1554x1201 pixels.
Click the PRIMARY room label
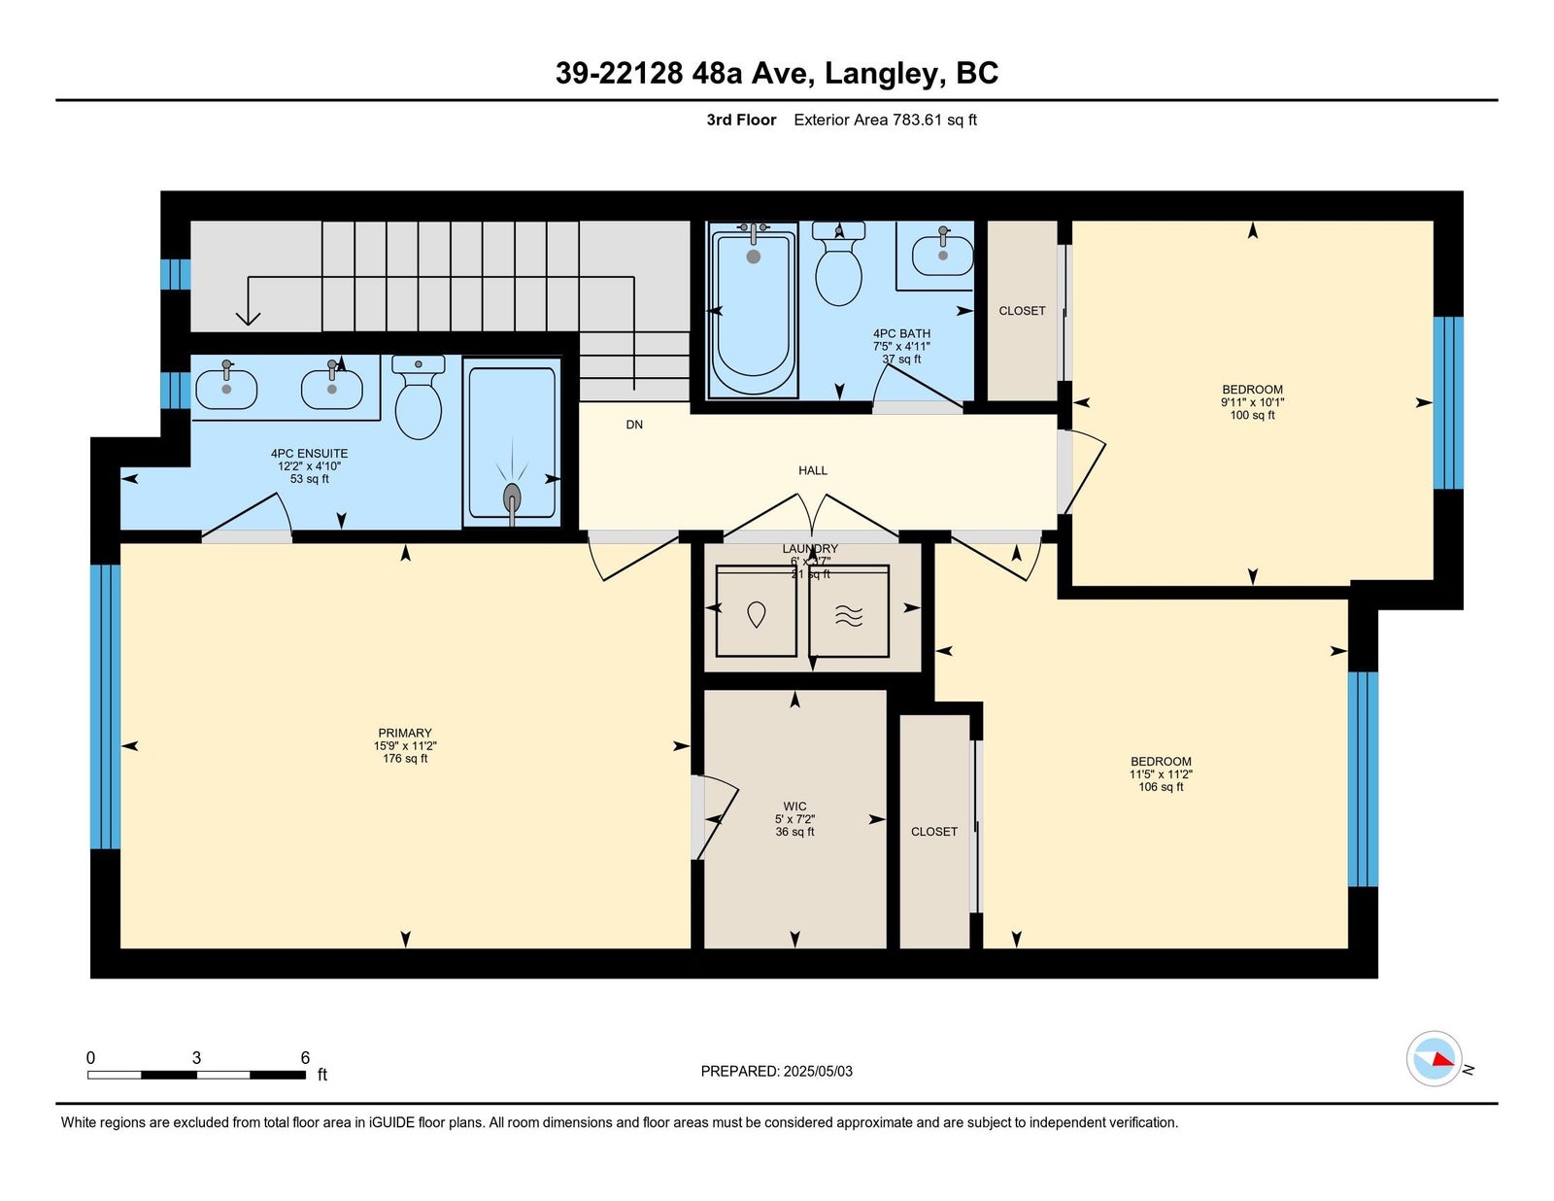click(x=405, y=733)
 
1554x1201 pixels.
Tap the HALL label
click(x=812, y=470)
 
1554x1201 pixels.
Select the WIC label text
click(x=794, y=806)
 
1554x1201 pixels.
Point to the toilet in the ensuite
click(x=419, y=397)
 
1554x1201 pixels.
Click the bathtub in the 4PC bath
click(x=753, y=310)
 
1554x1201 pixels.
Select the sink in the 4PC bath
click(x=942, y=252)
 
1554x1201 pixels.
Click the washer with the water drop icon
click(x=756, y=611)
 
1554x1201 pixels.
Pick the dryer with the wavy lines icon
click(x=849, y=611)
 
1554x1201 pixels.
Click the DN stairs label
click(x=634, y=425)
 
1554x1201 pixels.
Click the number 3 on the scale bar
click(x=196, y=1057)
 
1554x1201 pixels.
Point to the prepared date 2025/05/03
click(x=818, y=1071)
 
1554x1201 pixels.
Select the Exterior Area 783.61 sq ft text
click(x=885, y=120)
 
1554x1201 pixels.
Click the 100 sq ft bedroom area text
click(x=1252, y=415)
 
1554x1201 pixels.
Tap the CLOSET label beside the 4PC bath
click(x=1022, y=310)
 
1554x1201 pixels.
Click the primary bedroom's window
click(x=105, y=706)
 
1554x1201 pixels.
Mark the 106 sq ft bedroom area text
click(x=1161, y=787)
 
